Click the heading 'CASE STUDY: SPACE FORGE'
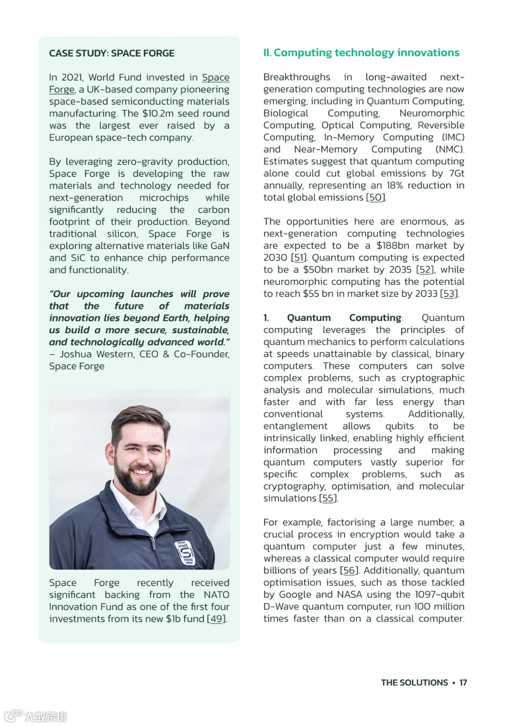coord(111,53)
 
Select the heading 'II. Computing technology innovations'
coord(361,53)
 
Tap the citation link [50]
coord(376,197)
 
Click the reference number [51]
coord(298,258)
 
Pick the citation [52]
coord(425,270)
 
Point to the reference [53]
coord(449,294)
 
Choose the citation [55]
coord(328,498)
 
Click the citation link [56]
coord(349,571)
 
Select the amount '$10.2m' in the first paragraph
coord(158,114)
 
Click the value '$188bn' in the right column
coord(393,246)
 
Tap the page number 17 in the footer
coord(463,683)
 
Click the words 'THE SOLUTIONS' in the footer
coord(414,683)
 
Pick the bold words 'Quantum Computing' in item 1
coord(345,318)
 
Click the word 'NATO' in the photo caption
coord(216,595)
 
